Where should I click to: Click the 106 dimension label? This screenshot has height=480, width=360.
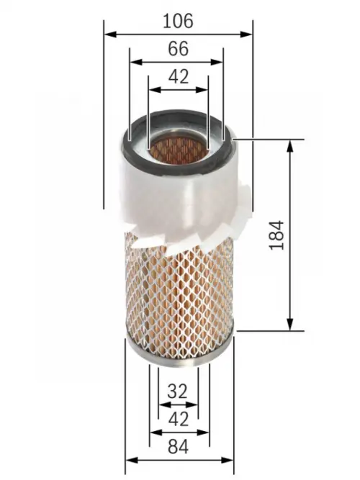(178, 21)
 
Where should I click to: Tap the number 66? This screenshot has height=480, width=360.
(177, 49)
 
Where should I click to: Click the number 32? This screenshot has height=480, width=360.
(177, 391)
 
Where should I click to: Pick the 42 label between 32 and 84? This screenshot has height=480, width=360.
(178, 419)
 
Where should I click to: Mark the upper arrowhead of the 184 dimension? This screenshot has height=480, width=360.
(290, 145)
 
